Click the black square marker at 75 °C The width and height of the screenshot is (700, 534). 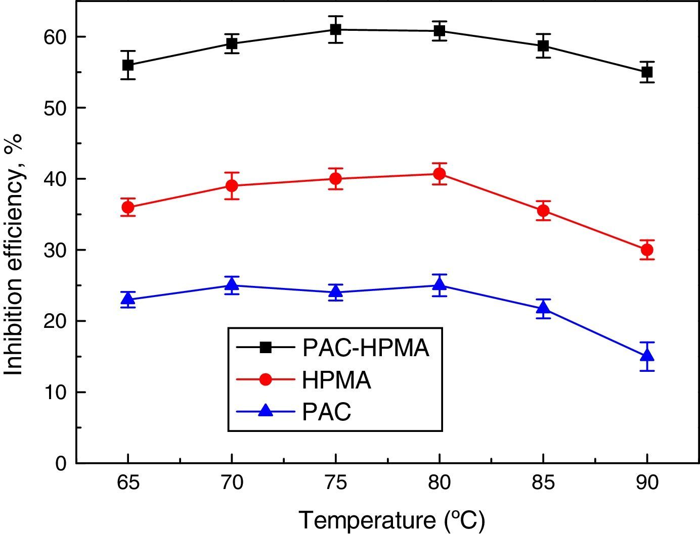tap(335, 29)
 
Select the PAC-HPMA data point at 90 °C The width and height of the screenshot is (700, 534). tap(647, 72)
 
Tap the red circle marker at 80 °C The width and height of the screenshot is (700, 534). tap(440, 174)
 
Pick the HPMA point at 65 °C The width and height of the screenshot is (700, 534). tap(128, 207)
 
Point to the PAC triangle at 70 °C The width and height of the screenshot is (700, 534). tap(232, 285)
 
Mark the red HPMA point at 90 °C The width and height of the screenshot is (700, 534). tap(647, 250)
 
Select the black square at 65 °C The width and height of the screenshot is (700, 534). tap(128, 65)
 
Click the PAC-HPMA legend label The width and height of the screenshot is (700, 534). tap(365, 349)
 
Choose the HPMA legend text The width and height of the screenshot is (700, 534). tap(336, 380)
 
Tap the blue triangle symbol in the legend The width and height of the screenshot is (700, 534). tap(266, 411)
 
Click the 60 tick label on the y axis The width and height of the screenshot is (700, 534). tap(55, 37)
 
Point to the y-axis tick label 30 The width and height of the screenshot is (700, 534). tap(55, 251)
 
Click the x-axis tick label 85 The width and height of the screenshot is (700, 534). tap(543, 483)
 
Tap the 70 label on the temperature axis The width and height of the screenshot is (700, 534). tap(232, 483)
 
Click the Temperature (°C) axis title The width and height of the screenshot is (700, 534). tap(391, 520)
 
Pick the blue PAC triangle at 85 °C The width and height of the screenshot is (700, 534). tap(543, 308)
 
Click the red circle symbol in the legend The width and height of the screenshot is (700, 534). tap(266, 379)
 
